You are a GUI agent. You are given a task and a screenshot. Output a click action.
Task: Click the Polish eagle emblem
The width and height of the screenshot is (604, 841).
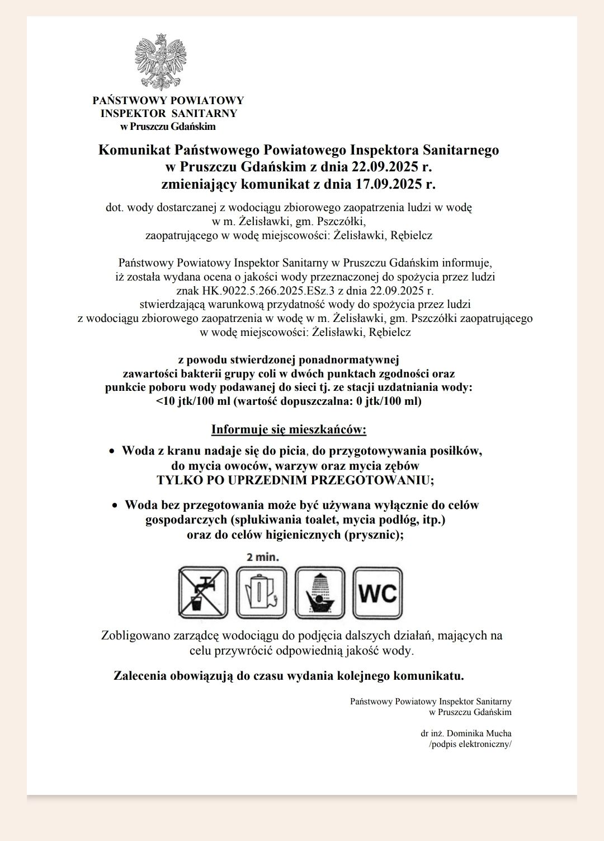click(161, 62)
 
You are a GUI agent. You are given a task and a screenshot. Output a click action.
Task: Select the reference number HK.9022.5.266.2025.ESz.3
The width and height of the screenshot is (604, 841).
click(255, 291)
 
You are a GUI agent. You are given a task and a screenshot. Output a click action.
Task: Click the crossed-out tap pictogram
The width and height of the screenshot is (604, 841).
click(203, 592)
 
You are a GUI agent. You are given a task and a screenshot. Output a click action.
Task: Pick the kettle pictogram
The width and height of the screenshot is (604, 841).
click(261, 592)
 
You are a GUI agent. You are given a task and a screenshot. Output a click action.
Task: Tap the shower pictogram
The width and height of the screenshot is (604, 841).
click(320, 592)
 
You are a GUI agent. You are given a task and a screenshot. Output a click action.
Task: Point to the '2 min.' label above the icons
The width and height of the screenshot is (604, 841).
click(262, 557)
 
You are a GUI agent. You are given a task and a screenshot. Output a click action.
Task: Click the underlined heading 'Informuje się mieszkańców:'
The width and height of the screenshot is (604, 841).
click(289, 430)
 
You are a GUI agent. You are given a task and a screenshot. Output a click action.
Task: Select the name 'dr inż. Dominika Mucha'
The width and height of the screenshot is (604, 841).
click(466, 733)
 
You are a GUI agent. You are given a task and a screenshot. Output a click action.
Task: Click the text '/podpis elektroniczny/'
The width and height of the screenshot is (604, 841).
click(470, 744)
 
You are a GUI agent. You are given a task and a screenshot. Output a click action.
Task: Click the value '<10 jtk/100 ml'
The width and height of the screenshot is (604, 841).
click(193, 401)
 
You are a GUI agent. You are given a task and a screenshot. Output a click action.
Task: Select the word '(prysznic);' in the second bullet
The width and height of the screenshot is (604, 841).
click(373, 534)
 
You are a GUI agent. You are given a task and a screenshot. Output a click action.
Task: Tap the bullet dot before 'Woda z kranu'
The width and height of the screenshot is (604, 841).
click(112, 451)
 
